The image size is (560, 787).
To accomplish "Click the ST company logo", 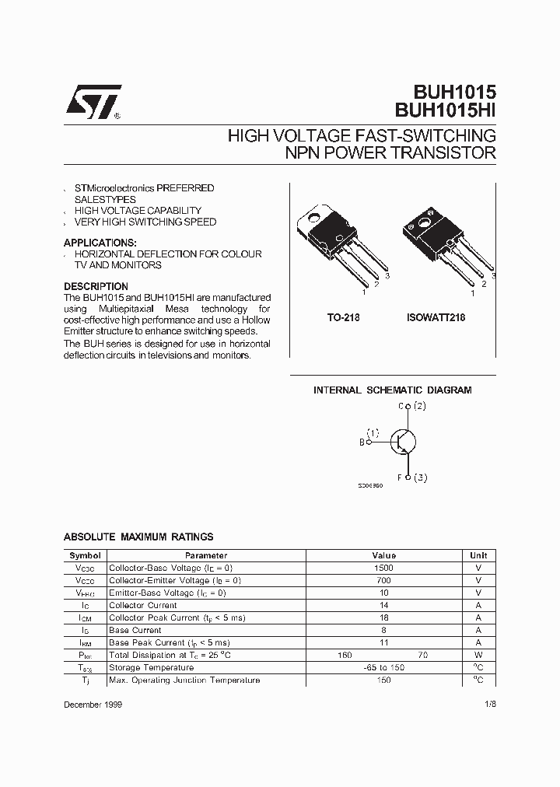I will (93, 101).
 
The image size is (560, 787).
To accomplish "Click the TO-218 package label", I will (343, 318).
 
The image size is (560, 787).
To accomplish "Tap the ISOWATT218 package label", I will (436, 318).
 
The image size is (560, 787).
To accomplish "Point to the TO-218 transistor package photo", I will (340, 244).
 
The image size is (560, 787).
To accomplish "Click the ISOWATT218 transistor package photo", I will (444, 244).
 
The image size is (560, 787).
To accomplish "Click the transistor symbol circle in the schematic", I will (402, 442).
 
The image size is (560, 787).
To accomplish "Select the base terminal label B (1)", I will (369, 437).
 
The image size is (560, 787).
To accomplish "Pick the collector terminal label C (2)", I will (412, 406).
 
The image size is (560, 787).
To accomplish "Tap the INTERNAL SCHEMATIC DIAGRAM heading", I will (392, 390).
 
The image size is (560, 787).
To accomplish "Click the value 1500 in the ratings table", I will (383, 568).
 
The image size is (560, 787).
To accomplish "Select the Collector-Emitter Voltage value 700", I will (383, 580).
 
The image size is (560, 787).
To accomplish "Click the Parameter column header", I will (206, 555).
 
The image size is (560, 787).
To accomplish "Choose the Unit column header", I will (478, 555).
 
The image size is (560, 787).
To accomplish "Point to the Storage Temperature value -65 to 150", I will (383, 667).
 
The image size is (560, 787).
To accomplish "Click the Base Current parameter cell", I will (135, 630).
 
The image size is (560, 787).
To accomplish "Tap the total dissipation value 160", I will (345, 655).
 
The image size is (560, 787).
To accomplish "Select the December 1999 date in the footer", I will (93, 704).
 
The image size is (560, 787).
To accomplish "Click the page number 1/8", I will (488, 704).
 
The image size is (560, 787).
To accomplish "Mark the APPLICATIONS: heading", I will (100, 243).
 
